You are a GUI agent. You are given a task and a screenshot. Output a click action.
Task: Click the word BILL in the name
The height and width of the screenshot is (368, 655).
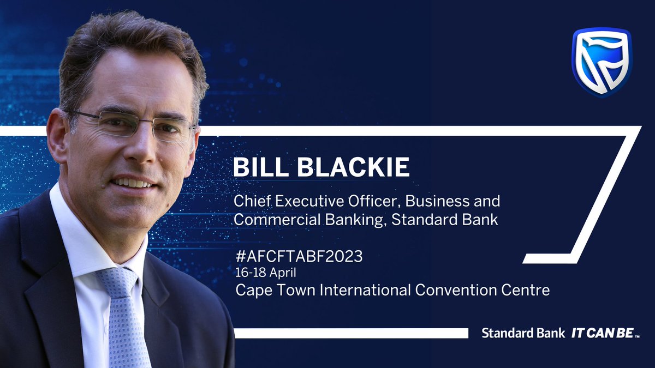[x=258, y=167]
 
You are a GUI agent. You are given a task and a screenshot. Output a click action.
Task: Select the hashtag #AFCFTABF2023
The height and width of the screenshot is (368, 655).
[x=299, y=257]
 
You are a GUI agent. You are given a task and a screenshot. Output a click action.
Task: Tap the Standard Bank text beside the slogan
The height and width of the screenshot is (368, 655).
[x=523, y=333]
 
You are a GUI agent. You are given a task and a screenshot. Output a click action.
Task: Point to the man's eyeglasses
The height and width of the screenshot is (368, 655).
[x=134, y=124]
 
